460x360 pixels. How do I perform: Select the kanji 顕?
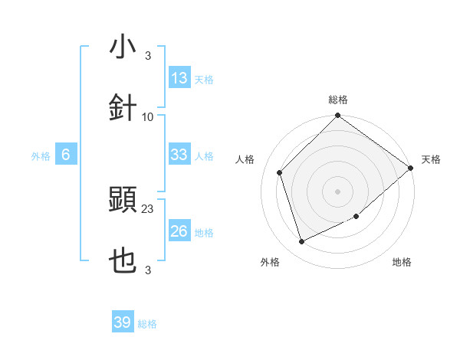pyautogui.click(x=123, y=201)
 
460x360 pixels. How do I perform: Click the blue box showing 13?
pyautogui.click(x=179, y=78)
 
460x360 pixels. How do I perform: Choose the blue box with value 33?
pyautogui.click(x=179, y=155)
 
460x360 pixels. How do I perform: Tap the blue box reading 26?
pyautogui.click(x=179, y=231)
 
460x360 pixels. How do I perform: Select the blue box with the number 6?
pyautogui.click(x=66, y=155)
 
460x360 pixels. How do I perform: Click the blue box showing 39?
pyautogui.click(x=123, y=322)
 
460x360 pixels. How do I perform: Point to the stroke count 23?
pyautogui.click(x=148, y=208)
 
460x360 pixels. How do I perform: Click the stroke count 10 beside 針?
pyautogui.click(x=148, y=116)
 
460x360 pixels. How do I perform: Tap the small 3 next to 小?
pyautogui.click(x=148, y=55)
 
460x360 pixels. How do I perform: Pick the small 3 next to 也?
pyautogui.click(x=148, y=270)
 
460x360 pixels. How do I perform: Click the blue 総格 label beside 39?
pyautogui.click(x=147, y=324)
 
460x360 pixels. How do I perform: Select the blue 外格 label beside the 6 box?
pyautogui.click(x=41, y=155)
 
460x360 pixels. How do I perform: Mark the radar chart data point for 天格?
pyautogui.click(x=412, y=168)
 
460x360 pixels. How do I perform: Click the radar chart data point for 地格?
pyautogui.click(x=357, y=217)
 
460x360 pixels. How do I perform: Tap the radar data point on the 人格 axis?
pyautogui.click(x=280, y=172)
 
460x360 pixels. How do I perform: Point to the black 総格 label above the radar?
pyautogui.click(x=338, y=100)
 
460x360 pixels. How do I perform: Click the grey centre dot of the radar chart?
pyautogui.click(x=337, y=191)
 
